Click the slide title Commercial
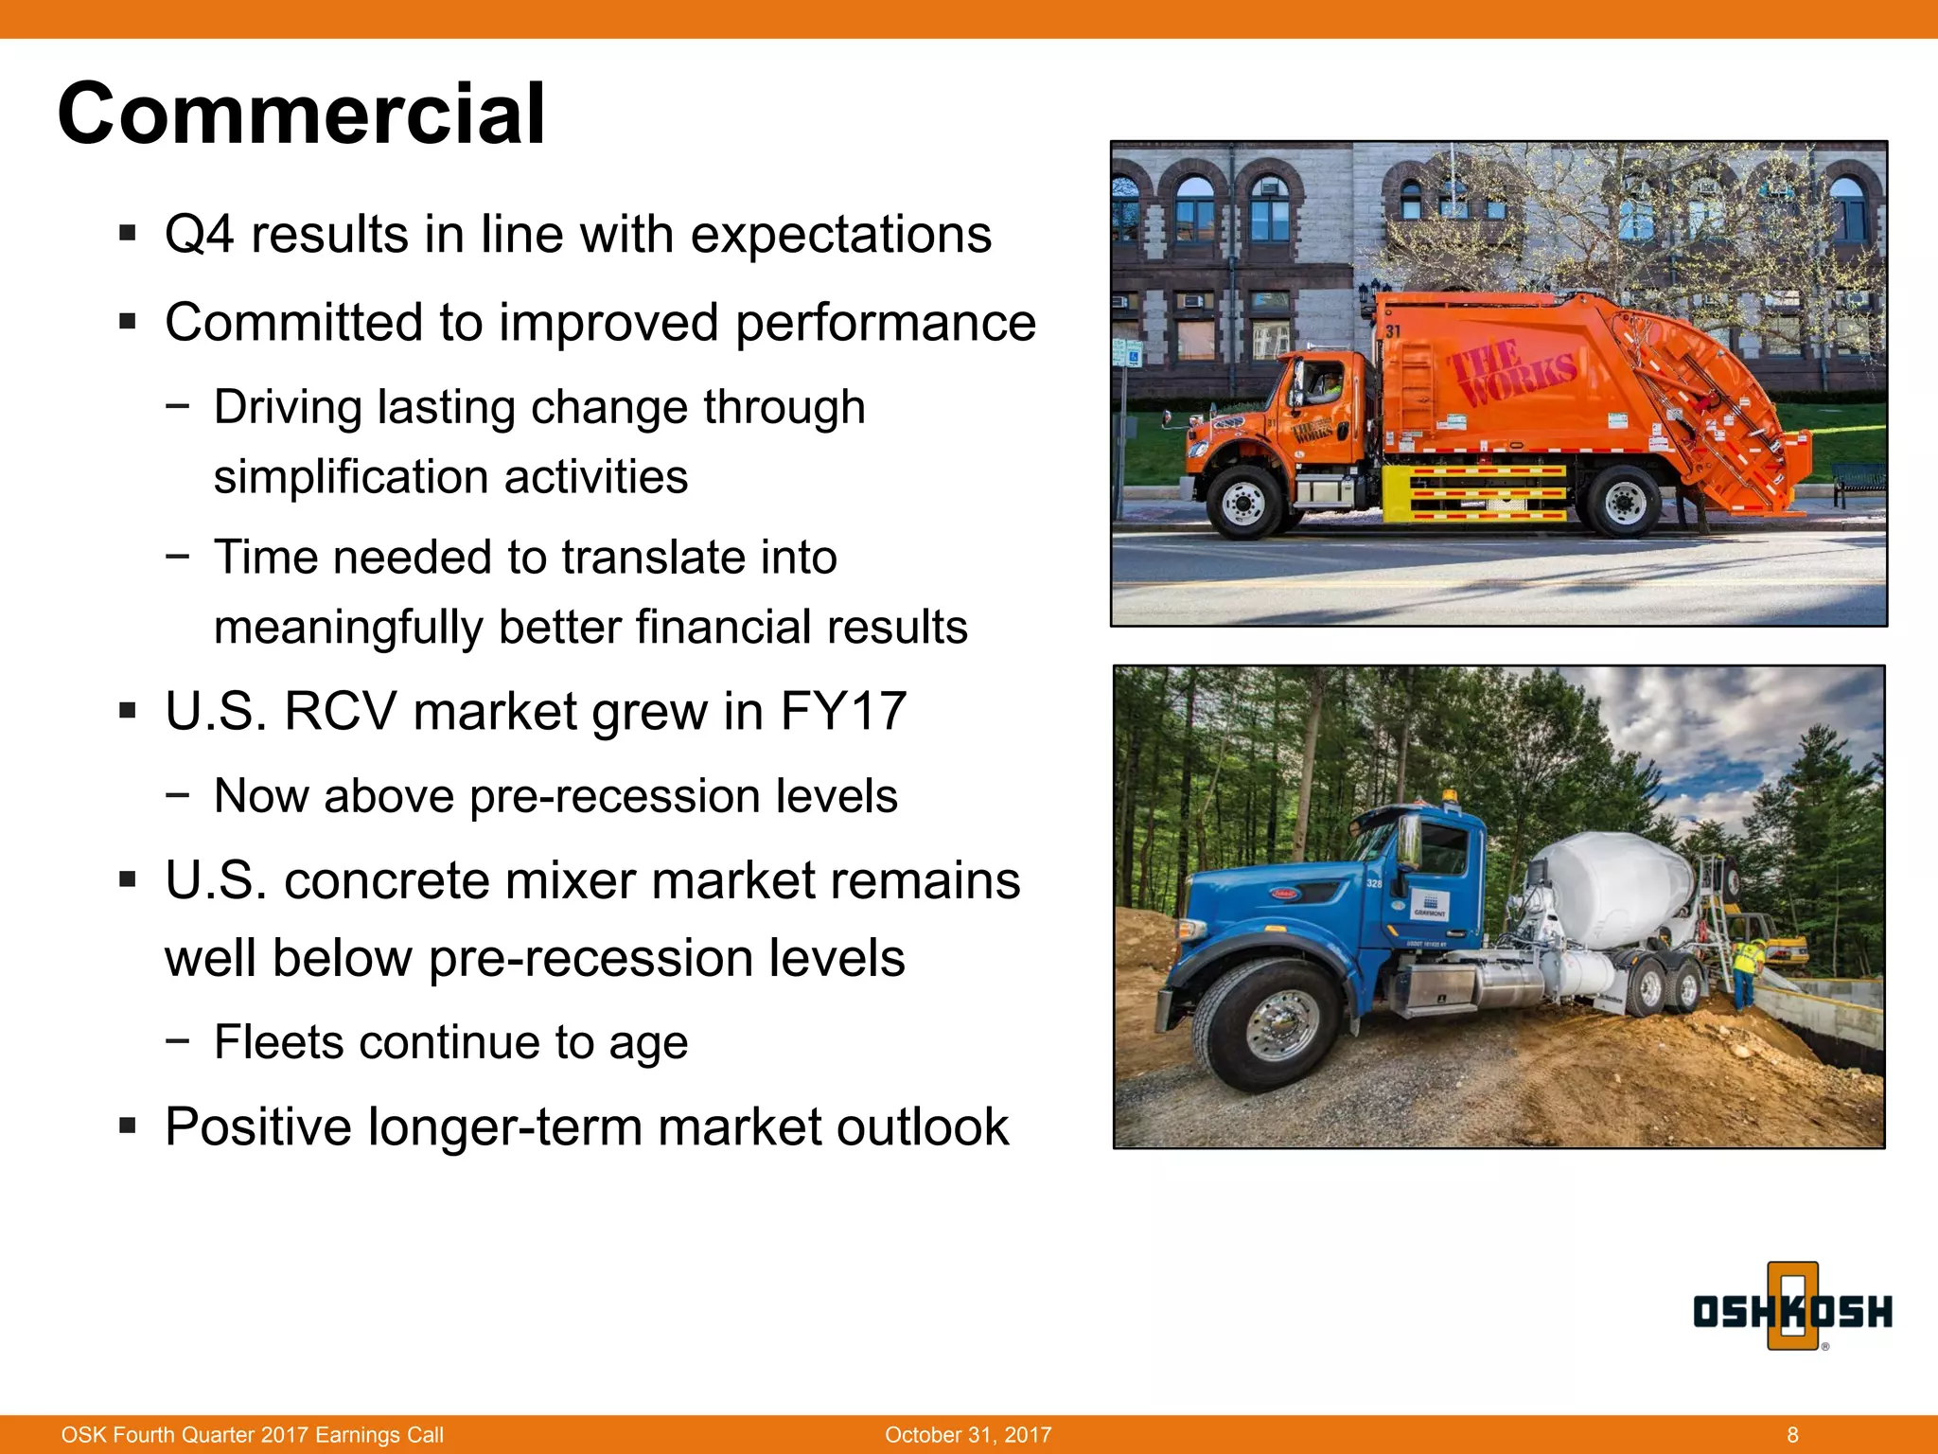(x=301, y=114)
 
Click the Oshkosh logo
(x=1792, y=1310)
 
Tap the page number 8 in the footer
(x=1792, y=1434)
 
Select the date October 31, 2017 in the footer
(x=968, y=1434)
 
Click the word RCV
(x=339, y=711)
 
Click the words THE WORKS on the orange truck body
(x=1511, y=372)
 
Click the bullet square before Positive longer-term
(x=128, y=1126)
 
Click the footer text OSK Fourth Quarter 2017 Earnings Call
(x=253, y=1434)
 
